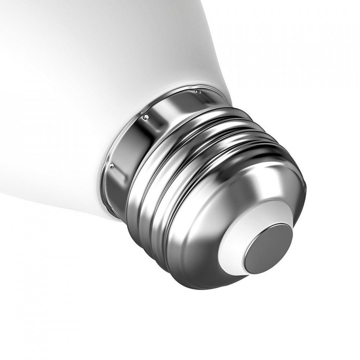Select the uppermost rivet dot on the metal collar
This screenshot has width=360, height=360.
(x=198, y=92)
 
